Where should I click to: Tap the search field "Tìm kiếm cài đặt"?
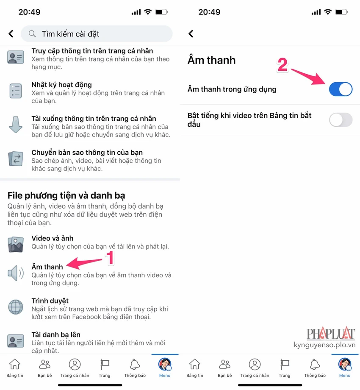point(97,33)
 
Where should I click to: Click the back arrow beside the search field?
point(11,33)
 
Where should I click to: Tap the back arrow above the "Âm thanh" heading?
point(191,33)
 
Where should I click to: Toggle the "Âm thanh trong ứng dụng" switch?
point(341,89)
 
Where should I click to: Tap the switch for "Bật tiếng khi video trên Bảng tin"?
point(341,120)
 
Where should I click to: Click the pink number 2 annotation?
point(282,65)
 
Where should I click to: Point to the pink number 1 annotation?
point(110,258)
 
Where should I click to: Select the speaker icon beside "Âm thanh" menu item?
point(16,273)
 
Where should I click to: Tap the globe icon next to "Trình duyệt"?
point(16,307)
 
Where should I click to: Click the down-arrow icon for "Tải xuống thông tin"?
point(16,125)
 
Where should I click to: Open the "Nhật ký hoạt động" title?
point(61,85)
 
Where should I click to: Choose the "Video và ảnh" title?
point(53,238)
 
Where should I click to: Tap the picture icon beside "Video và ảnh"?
point(16,244)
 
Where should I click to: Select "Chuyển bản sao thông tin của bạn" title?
point(87,153)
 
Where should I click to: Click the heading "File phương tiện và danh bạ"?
point(66,195)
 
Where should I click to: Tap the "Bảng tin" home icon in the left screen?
point(15,365)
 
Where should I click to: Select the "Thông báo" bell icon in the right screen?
point(315,365)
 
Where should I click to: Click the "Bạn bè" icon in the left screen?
point(45,365)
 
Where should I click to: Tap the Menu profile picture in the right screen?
point(345,364)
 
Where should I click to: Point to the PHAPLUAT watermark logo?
point(331,333)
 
